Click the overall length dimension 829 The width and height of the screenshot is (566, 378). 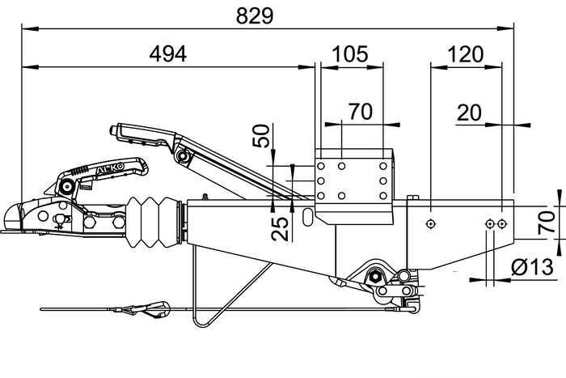[x=251, y=15]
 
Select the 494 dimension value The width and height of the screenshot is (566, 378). [x=168, y=54]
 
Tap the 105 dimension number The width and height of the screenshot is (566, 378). [x=350, y=54]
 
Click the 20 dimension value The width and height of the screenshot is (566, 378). [x=470, y=113]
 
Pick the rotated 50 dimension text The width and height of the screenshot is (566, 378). [x=260, y=136]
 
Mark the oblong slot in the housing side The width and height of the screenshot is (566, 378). [x=308, y=217]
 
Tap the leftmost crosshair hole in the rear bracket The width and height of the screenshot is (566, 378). [x=431, y=223]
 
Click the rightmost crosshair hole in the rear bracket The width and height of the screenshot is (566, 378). [x=502, y=223]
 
